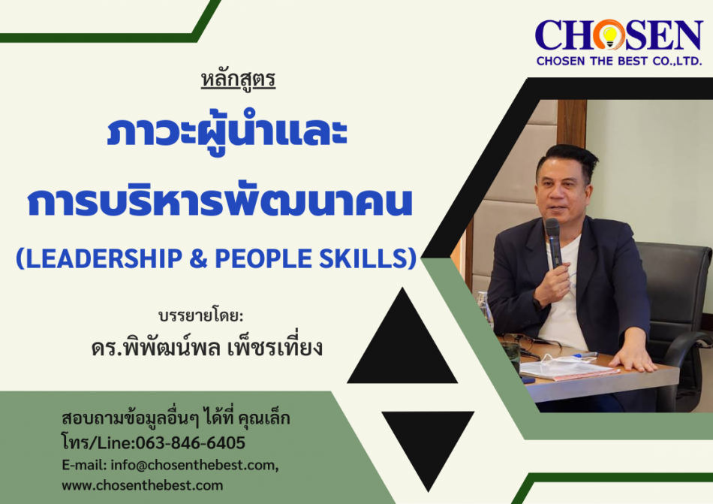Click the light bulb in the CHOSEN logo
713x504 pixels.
(x=609, y=35)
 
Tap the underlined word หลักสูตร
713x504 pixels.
(x=238, y=80)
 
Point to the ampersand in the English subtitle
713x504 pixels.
(x=198, y=258)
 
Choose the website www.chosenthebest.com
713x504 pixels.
(x=143, y=485)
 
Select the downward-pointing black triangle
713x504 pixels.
(x=428, y=443)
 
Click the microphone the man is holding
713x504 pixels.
(x=553, y=242)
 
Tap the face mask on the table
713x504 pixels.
(x=568, y=367)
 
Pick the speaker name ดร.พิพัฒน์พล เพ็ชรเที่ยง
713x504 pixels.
(x=207, y=346)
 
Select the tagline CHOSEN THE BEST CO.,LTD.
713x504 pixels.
(x=619, y=61)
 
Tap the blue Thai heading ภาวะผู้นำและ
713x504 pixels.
(x=227, y=132)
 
